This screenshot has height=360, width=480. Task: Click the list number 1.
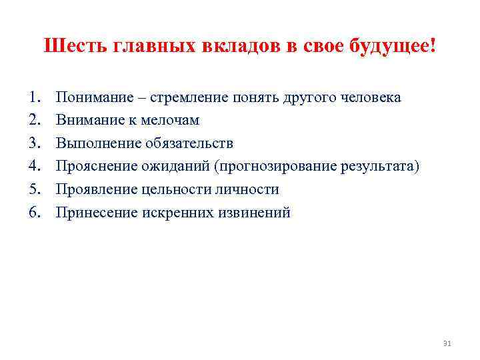tap(35, 97)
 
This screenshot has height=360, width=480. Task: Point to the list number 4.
tap(35, 166)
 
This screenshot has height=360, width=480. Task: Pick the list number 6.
tap(35, 213)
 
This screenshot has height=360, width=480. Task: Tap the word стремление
tap(189, 97)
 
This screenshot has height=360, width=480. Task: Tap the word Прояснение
tap(92, 166)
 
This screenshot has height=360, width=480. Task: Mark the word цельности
tap(175, 189)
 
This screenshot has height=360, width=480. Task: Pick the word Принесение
tap(92, 213)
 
